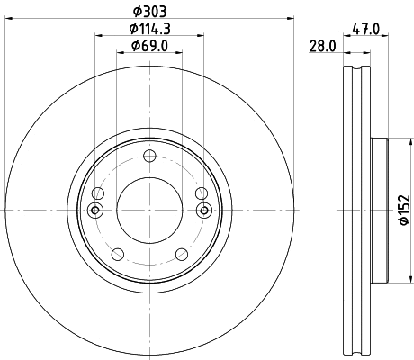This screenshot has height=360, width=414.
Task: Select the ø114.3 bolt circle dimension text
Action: (x=150, y=28)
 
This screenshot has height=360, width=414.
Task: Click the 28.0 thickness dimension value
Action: (x=322, y=46)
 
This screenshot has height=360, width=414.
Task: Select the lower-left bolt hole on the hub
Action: (x=117, y=255)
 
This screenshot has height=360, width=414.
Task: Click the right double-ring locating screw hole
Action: (x=204, y=210)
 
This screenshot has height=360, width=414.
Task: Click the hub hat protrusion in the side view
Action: (x=378, y=210)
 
